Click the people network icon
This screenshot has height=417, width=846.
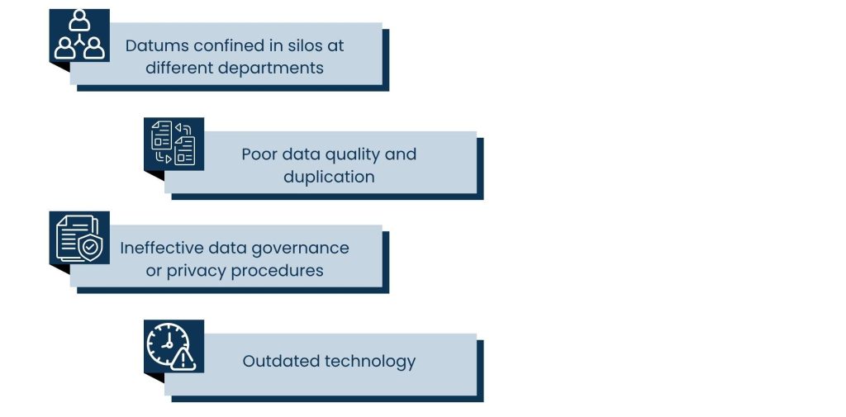pos(79,35)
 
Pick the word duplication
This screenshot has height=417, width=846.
pos(329,177)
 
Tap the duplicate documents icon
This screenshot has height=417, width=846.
pos(173,143)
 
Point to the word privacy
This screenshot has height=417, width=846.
pos(198,272)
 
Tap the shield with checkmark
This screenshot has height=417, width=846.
pos(90,247)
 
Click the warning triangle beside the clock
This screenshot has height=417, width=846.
pos(183,358)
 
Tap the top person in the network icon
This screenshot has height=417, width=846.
pos(79,21)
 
